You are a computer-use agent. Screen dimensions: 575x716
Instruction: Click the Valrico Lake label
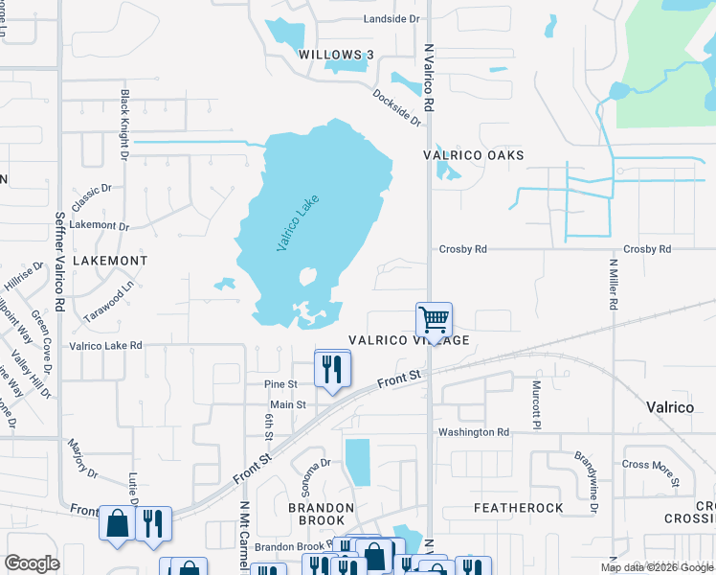point(297,223)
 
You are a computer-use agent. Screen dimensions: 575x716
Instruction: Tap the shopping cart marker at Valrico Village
point(434,320)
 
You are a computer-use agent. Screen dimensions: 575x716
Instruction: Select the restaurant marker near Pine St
point(332,369)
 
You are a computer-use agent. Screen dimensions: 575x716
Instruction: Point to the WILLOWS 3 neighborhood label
point(335,56)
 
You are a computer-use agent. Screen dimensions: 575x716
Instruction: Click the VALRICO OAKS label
point(474,155)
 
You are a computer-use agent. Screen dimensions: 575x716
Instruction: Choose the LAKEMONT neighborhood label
point(114,261)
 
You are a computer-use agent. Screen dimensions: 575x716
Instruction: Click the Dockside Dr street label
point(397,107)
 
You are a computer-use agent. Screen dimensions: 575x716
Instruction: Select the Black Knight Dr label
point(124,125)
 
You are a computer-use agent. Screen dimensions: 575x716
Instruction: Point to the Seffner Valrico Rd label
point(59,259)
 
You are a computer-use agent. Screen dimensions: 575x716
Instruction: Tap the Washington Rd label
point(474,432)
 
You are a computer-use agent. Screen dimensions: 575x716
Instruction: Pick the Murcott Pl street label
point(536,402)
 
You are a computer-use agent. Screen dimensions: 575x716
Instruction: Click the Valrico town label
point(669,407)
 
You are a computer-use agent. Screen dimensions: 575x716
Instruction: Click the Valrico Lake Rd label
point(105,345)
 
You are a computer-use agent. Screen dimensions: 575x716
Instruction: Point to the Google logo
point(33,563)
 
